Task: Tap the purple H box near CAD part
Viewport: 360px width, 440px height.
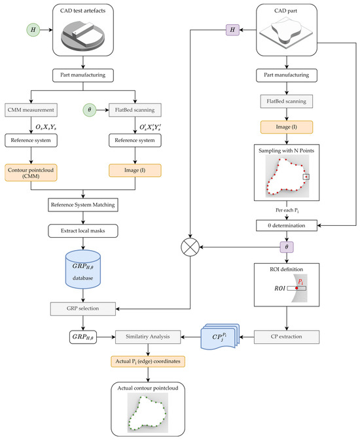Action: click(233, 30)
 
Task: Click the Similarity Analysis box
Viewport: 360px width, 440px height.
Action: click(147, 337)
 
